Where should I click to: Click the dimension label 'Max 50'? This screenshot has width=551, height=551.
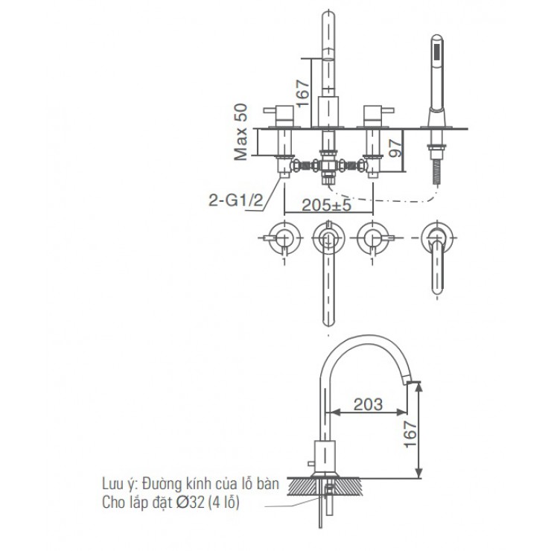pyautogui.click(x=240, y=133)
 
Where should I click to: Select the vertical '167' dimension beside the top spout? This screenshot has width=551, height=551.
pyautogui.click(x=302, y=92)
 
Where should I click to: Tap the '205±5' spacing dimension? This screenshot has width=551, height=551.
pyautogui.click(x=328, y=206)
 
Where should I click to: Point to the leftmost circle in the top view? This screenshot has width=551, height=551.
pyautogui.click(x=284, y=238)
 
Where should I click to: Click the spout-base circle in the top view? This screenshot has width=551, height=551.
pyautogui.click(x=328, y=238)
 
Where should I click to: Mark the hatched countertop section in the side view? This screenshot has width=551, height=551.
pyautogui.click(x=328, y=485)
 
